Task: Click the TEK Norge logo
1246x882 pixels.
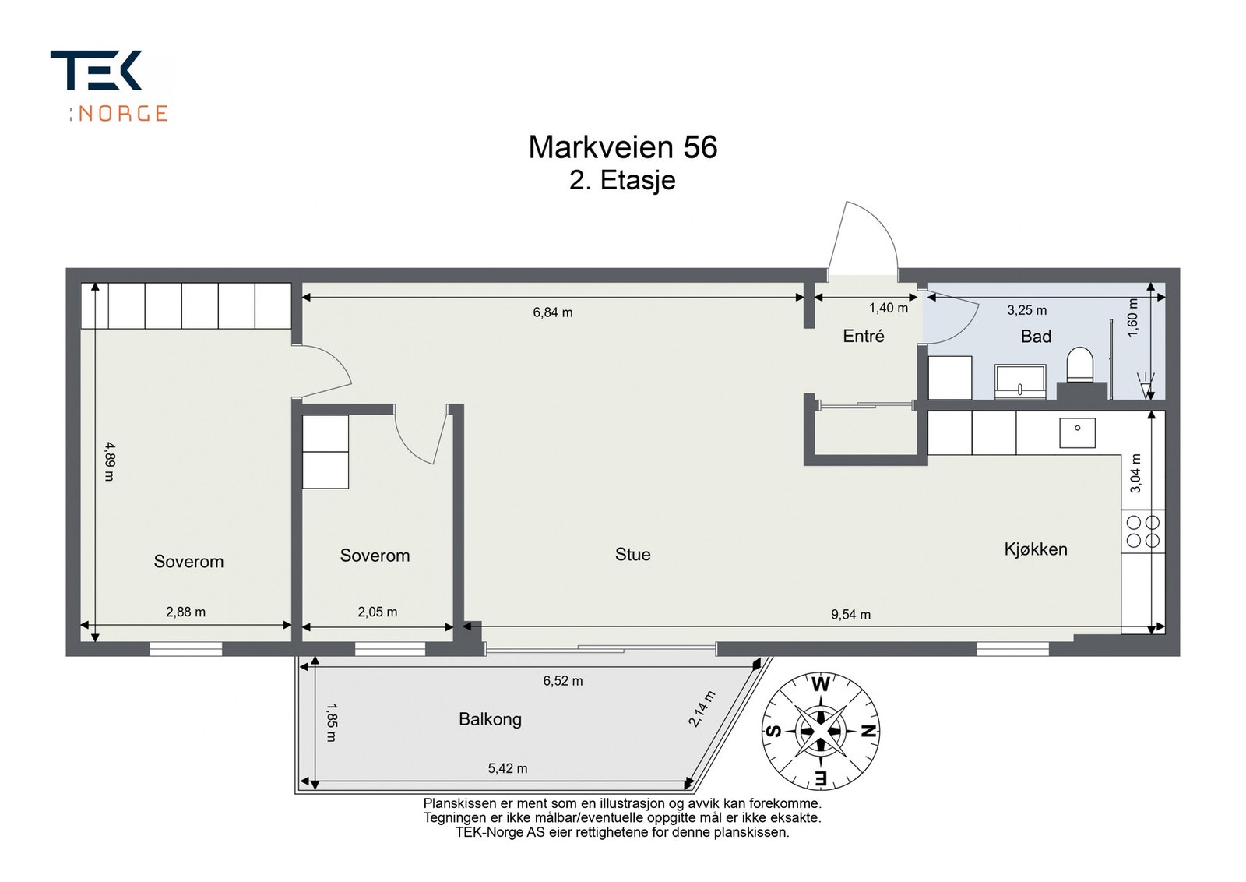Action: (x=109, y=85)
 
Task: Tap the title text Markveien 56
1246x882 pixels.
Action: (x=622, y=147)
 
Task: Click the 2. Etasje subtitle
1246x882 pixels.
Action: (x=622, y=180)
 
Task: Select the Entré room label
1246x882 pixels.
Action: (x=863, y=336)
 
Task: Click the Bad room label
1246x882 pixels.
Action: (x=1036, y=337)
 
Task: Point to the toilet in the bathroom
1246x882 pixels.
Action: (x=1079, y=365)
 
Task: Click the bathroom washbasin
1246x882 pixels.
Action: (x=1020, y=381)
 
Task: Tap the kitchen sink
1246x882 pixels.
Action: (x=1077, y=432)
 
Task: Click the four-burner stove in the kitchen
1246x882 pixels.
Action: (x=1142, y=531)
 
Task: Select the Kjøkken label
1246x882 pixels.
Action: (x=1035, y=549)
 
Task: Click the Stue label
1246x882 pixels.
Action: (x=632, y=555)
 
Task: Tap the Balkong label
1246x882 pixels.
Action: (x=490, y=719)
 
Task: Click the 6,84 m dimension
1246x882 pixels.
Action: (x=552, y=312)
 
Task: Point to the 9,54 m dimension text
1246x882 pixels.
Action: (x=850, y=615)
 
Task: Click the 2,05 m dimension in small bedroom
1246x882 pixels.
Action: (x=377, y=612)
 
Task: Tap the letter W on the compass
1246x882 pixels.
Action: (x=821, y=686)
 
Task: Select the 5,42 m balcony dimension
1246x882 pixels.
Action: (x=507, y=769)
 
